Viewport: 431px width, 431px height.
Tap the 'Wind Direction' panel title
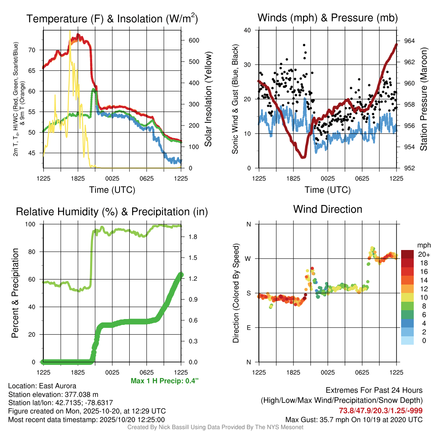click(x=327, y=209)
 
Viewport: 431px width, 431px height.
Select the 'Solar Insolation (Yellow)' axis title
click(x=208, y=99)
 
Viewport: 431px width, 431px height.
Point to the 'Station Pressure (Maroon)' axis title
click(x=423, y=99)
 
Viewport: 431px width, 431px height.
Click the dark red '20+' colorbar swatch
click(x=407, y=254)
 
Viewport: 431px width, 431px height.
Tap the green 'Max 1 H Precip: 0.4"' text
click(x=165, y=381)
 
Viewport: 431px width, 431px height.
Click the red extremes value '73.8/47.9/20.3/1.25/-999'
click(x=380, y=411)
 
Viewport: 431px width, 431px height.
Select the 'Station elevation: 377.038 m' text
click(x=53, y=394)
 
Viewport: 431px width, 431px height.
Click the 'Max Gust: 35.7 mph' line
click(x=354, y=419)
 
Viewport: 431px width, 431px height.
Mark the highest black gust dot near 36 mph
click(x=304, y=45)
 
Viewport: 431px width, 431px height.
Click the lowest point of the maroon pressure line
click(x=303, y=157)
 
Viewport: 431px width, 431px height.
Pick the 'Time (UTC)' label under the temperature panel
click(x=112, y=190)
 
